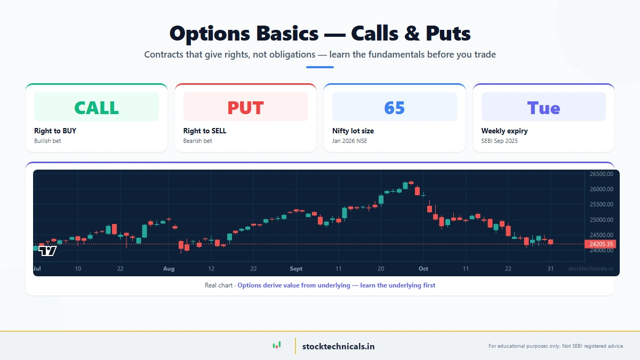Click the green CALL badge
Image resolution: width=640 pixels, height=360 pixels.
(97, 107)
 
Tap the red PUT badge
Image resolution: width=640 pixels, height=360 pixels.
(245, 107)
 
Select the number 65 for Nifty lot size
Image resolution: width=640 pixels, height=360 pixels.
(394, 107)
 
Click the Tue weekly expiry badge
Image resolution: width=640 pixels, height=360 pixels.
(543, 107)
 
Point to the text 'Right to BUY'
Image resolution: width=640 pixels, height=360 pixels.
(55, 131)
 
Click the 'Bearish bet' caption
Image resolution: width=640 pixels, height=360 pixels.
(197, 141)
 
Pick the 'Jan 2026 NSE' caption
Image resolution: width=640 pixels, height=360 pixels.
(349, 141)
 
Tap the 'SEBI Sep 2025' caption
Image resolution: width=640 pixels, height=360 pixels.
(499, 141)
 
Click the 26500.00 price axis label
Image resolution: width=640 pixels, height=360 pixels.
(601, 174)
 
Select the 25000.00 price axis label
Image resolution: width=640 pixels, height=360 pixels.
(601, 220)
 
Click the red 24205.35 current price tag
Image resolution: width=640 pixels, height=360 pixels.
(602, 244)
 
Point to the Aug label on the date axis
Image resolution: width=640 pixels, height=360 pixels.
(169, 269)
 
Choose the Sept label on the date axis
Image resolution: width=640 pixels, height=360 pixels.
(296, 269)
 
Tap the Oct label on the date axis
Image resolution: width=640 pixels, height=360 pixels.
(423, 269)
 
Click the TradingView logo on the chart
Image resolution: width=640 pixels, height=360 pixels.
(47, 250)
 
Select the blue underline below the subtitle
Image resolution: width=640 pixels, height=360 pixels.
(320, 67)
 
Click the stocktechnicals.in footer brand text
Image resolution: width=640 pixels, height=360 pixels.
(338, 346)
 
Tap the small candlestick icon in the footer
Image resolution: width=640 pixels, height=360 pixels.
(276, 346)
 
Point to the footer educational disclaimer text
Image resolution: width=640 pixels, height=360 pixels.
(556, 346)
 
